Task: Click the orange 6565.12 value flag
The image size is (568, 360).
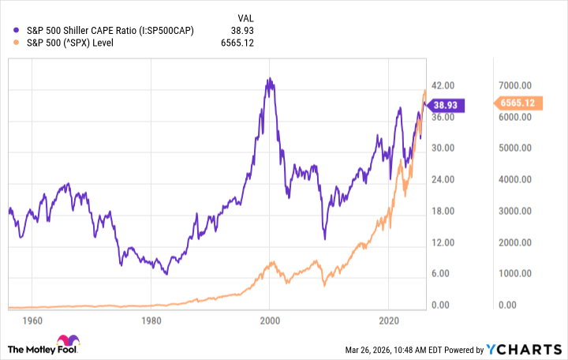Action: point(515,103)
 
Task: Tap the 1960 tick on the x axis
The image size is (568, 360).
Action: point(32,321)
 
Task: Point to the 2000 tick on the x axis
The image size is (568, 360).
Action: point(270,321)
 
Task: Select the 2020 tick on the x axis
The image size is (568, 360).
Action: point(388,321)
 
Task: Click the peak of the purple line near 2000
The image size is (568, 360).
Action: point(269,79)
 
